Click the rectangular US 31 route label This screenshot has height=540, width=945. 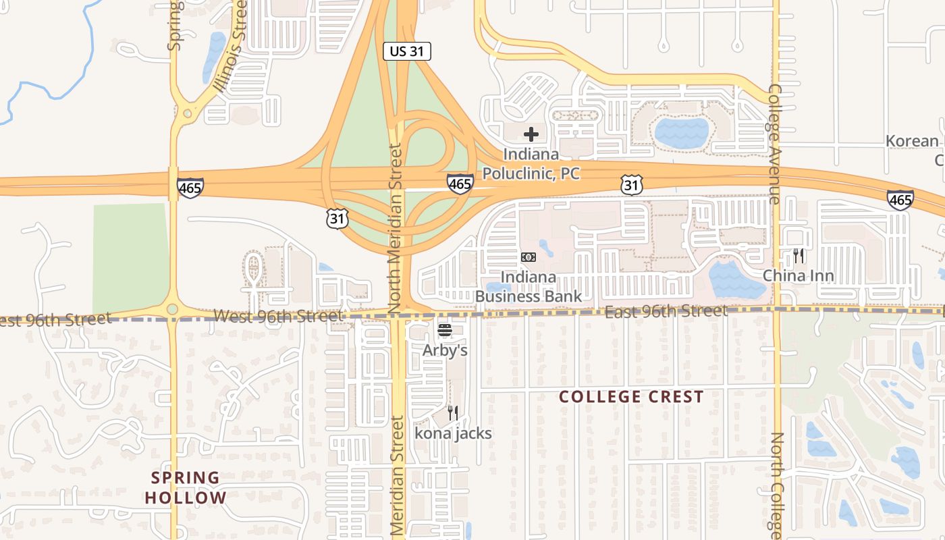pos(406,51)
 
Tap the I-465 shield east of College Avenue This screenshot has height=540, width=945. pos(900,199)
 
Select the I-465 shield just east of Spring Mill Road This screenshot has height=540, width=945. pos(190,187)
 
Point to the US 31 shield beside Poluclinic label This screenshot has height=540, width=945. pos(632,184)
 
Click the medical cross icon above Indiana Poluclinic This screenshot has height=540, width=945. pos(531,134)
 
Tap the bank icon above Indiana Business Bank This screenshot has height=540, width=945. pos(529,257)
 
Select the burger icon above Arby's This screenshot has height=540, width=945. pos(445,331)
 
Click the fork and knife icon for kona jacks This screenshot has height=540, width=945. pos(453,412)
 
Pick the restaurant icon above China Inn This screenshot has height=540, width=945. pos(799,256)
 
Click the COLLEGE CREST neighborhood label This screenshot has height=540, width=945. pos(631,397)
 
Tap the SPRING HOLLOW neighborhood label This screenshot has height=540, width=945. pos(186,488)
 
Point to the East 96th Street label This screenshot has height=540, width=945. pos(666,311)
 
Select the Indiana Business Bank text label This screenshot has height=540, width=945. pos(529,287)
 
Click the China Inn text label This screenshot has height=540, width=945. pos(799,275)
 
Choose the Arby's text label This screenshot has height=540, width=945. pos(445,350)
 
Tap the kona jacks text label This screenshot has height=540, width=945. pos(453,433)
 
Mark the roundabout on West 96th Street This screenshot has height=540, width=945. pos(172,309)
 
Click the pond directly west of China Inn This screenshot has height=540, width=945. pos(736,280)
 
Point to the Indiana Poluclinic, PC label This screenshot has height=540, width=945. pos(531,164)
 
